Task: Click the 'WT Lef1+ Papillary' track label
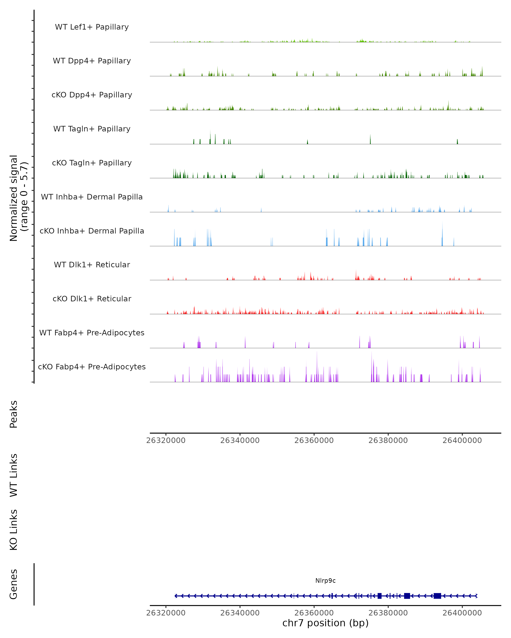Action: point(92,27)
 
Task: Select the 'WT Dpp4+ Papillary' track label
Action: point(92,61)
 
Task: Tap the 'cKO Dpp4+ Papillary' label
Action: point(92,95)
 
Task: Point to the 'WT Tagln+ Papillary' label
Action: point(92,129)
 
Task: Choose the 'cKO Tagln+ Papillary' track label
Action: point(92,163)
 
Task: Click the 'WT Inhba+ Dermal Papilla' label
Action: point(92,197)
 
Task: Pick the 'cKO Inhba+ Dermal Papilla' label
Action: point(92,231)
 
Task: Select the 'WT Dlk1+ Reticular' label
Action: point(92,265)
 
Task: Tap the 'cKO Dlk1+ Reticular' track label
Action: point(92,299)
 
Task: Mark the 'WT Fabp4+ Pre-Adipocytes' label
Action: point(92,333)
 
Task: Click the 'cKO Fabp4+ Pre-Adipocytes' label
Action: point(92,367)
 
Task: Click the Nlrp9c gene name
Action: point(325,581)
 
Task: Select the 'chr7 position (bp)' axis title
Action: point(325,623)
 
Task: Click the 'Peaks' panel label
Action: point(14,414)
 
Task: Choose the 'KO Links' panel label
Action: point(14,530)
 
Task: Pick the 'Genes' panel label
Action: point(14,584)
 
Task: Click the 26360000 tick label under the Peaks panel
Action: point(314,440)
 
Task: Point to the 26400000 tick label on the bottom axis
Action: point(462,613)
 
